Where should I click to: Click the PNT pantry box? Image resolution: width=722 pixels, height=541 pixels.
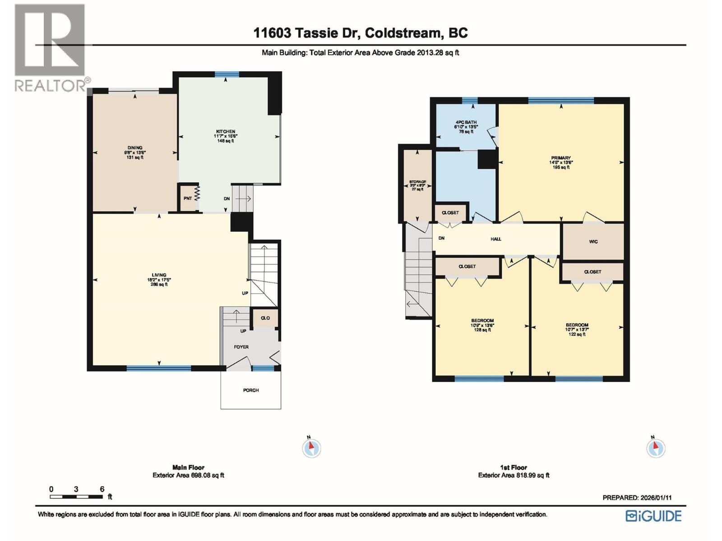[x=188, y=198]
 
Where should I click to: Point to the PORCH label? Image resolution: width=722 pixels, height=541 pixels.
[x=251, y=390]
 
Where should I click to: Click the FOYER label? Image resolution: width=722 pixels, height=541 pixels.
[x=241, y=347]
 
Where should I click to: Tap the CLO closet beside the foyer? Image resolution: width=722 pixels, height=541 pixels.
[x=265, y=318]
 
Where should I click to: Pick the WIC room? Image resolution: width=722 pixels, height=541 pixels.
[x=593, y=242]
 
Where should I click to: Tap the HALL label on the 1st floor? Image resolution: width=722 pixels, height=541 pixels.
[x=496, y=239]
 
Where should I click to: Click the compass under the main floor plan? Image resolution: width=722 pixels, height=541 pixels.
[x=311, y=448]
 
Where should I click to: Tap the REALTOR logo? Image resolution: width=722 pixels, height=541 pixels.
[x=50, y=47]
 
